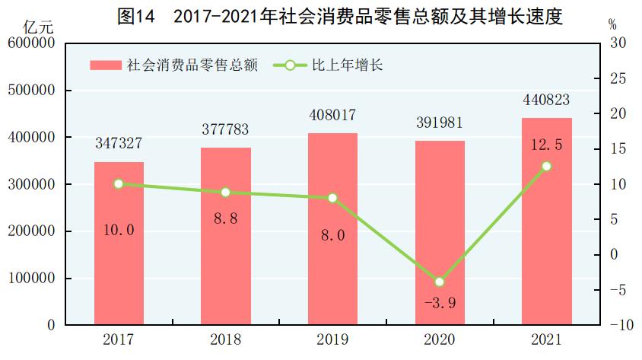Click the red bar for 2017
click(119, 244)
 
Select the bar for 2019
click(332, 229)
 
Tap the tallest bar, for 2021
click(546, 221)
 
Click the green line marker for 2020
click(439, 282)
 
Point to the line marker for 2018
click(225, 193)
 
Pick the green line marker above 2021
click(546, 166)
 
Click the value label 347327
click(119, 143)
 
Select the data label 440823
click(546, 100)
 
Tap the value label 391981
click(439, 123)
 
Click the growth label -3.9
click(439, 304)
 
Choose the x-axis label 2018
click(225, 339)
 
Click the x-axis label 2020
click(439, 339)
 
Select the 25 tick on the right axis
click(618, 79)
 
